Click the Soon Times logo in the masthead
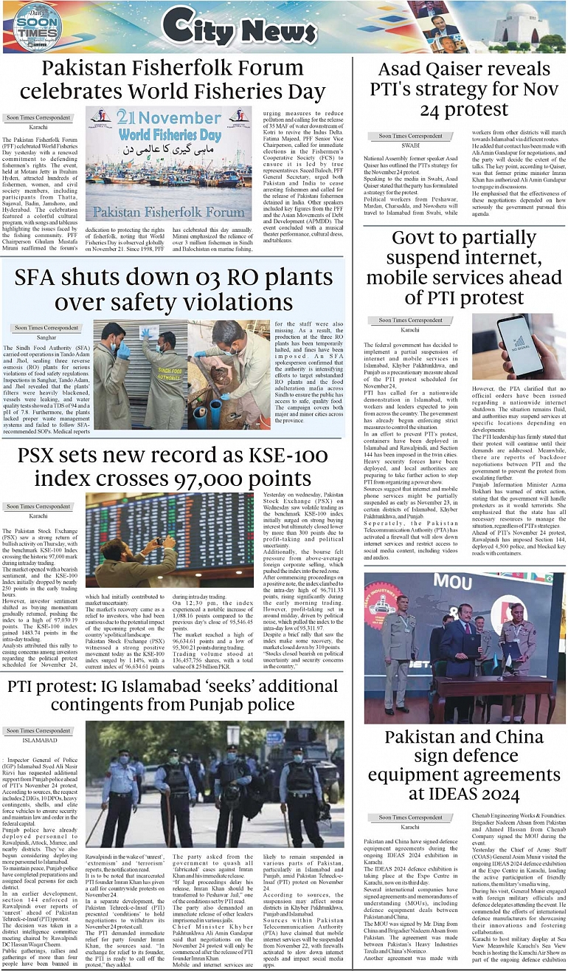[x=35, y=27]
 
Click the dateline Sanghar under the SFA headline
[x=42, y=337]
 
